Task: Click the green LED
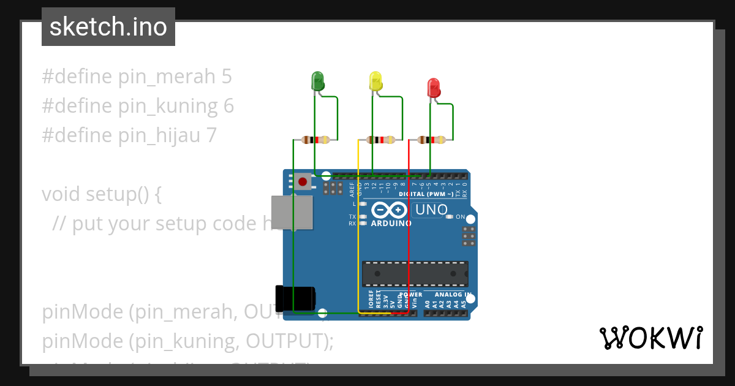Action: coord(318,81)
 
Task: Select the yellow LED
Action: coord(375,81)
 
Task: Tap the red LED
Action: coord(434,88)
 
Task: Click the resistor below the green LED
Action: coord(315,140)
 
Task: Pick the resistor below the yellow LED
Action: coord(380,140)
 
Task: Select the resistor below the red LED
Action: coord(431,140)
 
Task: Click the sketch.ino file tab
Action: coord(108,27)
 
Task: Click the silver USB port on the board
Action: coord(292,213)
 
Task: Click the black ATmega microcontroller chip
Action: coord(415,274)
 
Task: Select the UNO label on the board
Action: coord(431,210)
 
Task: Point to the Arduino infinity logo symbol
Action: coord(389,210)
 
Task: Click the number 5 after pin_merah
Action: coord(227,77)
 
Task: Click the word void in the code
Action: coord(61,194)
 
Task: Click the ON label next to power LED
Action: coord(461,217)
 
